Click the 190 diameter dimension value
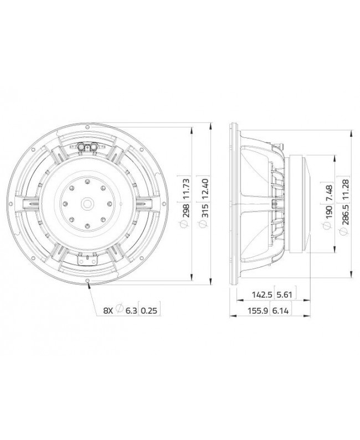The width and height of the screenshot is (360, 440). point(329,213)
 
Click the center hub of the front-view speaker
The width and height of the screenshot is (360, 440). point(88,204)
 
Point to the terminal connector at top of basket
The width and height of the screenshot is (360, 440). point(88,146)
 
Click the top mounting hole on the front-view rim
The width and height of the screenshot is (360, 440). point(88,126)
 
